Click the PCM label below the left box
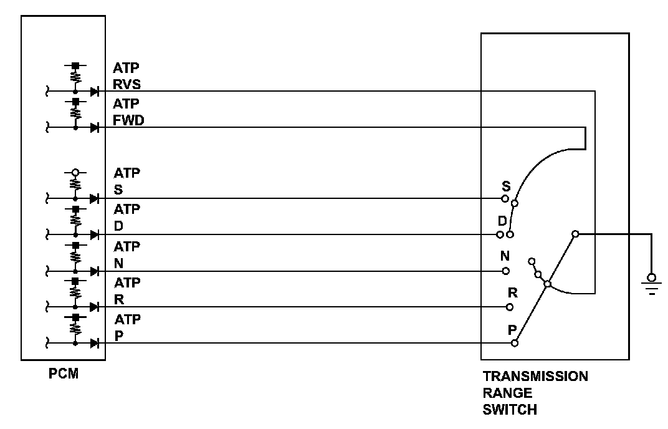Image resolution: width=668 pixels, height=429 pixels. point(63,375)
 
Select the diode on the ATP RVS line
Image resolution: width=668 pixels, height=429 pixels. point(95,91)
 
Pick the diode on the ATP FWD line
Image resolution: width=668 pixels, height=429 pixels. point(95,127)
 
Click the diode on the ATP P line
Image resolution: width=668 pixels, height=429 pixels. point(95,342)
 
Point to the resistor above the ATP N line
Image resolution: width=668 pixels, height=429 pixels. point(75,256)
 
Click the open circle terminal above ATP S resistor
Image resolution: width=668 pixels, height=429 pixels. point(75,173)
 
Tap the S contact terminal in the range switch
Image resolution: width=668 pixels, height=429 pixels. point(505,199)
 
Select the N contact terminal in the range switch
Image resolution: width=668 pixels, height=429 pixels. point(506,271)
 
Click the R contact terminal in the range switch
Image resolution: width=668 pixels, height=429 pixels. point(510,307)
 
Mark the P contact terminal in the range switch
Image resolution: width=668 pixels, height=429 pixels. point(514,342)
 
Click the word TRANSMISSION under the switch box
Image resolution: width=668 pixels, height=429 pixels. point(535,377)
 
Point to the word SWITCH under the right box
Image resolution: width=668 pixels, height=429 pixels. point(509,410)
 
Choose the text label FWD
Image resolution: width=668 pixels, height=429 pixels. point(128,120)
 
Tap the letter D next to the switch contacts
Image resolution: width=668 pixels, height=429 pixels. point(502,221)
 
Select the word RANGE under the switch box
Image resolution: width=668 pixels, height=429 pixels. point(507,393)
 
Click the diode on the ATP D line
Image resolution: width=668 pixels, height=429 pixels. point(95,234)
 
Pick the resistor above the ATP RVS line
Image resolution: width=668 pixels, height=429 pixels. point(75,76)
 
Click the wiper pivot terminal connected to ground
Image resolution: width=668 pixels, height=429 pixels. point(575,234)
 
